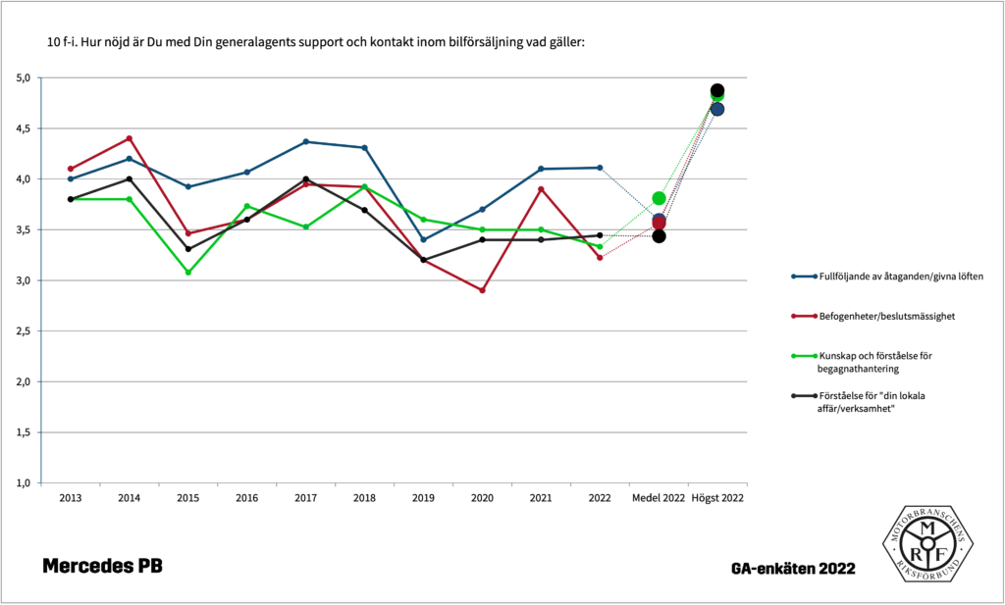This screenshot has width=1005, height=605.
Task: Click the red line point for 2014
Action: [x=129, y=138]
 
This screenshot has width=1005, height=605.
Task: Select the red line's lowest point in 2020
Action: [x=482, y=290]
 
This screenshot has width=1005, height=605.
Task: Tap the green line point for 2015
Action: [x=187, y=273]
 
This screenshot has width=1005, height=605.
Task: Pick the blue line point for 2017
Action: [x=305, y=141]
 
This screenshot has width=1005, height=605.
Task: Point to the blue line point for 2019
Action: [x=423, y=239]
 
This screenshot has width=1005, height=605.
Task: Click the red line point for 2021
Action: [x=541, y=188]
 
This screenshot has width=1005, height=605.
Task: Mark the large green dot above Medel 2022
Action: [x=659, y=198]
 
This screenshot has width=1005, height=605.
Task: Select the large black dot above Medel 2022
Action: [x=659, y=236]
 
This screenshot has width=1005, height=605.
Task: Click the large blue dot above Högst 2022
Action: [x=717, y=109]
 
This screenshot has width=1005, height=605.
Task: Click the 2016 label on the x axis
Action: [x=246, y=498]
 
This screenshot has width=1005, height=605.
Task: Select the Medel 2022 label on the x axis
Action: [x=659, y=498]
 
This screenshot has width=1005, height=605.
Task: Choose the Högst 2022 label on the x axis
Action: [x=717, y=498]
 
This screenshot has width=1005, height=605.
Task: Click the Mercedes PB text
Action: [x=103, y=567]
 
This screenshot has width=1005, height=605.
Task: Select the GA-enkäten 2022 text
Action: [x=792, y=569]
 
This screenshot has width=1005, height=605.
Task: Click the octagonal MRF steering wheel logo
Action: [x=926, y=541]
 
